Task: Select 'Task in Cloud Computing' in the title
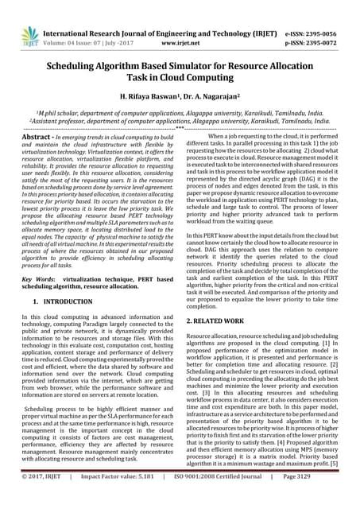[180, 82]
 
